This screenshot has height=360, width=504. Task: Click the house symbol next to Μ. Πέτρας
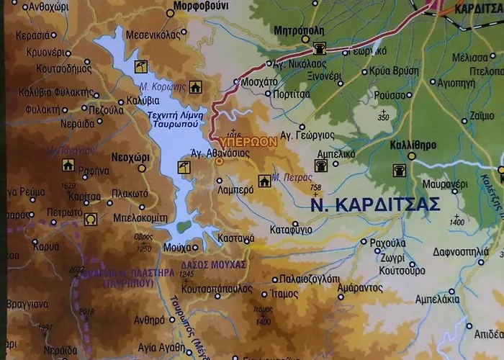(x=264, y=181)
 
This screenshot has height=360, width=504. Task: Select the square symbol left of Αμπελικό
(x=321, y=166)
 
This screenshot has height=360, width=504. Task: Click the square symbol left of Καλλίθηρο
(x=397, y=171)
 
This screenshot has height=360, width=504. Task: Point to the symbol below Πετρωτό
(x=91, y=219)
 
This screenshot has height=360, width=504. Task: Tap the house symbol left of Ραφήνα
(x=68, y=165)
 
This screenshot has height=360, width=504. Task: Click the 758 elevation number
(x=315, y=188)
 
